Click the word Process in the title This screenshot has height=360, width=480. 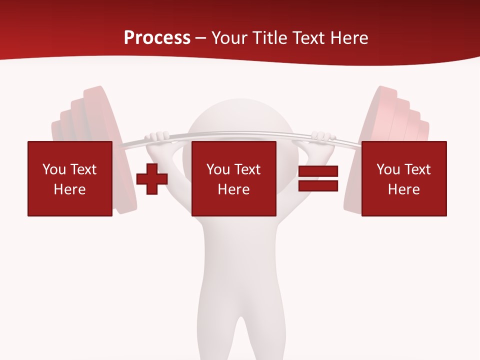pos(157,38)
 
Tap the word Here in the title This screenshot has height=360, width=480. pos(348,38)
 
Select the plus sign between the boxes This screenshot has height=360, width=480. pos(152,178)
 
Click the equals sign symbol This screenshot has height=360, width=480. pos(318,178)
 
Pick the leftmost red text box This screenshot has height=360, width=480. pos(69,178)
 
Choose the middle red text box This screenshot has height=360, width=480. pos(233,178)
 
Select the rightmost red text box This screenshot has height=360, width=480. pos(403,178)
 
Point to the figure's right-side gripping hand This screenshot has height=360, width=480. pos(321,136)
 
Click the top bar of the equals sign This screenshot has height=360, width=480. pos(318,171)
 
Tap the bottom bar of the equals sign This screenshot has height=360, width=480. pos(318,185)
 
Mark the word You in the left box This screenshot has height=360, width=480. pos(54,169)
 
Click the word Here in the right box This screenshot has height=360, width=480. pos(403,189)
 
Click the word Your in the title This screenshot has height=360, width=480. pos(229,38)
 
